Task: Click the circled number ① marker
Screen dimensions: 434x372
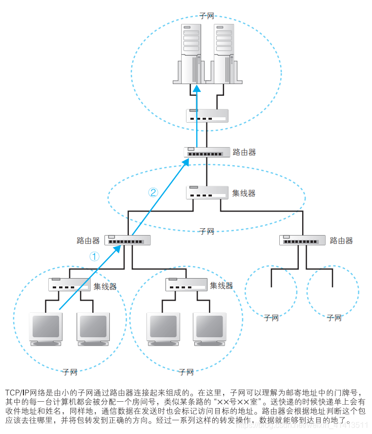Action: pyautogui.click(x=95, y=256)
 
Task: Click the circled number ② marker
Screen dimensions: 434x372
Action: pyautogui.click(x=154, y=192)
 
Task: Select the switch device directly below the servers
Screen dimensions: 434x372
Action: pyautogui.click(x=207, y=116)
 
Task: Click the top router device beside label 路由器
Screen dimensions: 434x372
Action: pyautogui.click(x=207, y=152)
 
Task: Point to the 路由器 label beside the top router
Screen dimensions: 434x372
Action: pyautogui.click(x=244, y=152)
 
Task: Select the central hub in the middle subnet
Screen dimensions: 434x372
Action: pyautogui.click(x=207, y=192)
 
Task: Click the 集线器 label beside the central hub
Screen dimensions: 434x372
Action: pyautogui.click(x=244, y=193)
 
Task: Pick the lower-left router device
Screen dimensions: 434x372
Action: pyautogui.click(x=127, y=240)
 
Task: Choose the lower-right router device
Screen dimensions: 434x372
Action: pyautogui.click(x=302, y=240)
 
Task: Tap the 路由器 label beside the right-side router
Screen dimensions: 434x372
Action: pyautogui.click(x=341, y=240)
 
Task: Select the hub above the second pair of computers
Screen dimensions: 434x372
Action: pyautogui.click(x=186, y=284)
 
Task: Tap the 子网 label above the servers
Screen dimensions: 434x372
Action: pyautogui.click(x=207, y=16)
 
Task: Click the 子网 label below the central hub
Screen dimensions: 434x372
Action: pyautogui.click(x=207, y=231)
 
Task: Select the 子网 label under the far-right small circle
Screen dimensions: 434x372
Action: pyautogui.click(x=334, y=318)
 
